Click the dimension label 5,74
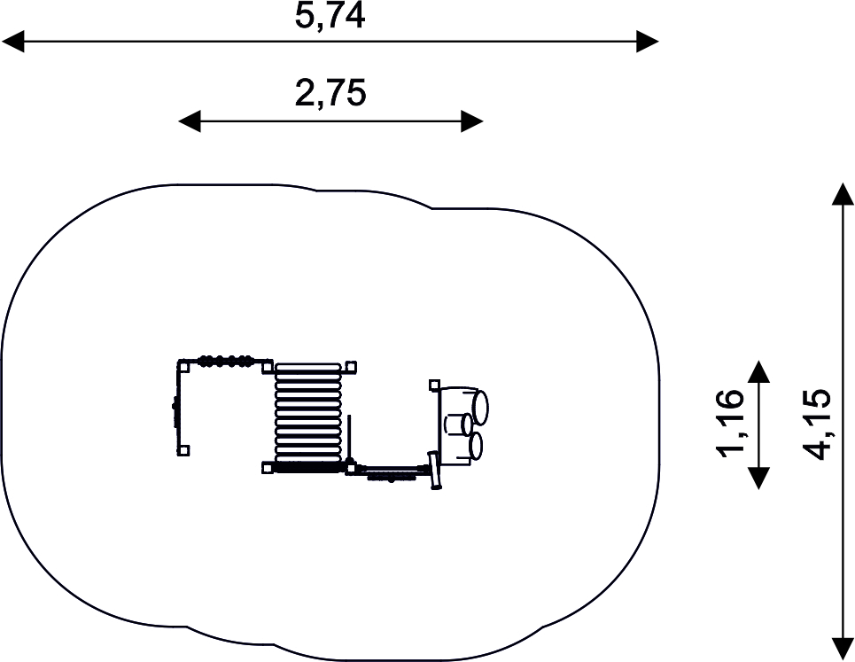pyautogui.click(x=330, y=15)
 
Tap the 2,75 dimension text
pyautogui.click(x=330, y=93)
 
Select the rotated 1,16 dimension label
pyautogui.click(x=729, y=423)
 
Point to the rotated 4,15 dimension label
pyautogui.click(x=816, y=424)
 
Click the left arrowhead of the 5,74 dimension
pyautogui.click(x=13, y=42)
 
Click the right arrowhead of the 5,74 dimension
pyautogui.click(x=648, y=42)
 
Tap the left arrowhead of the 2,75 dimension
pyautogui.click(x=190, y=121)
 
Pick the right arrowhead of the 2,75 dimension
pyautogui.click(x=472, y=121)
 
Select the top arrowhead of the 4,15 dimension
pyautogui.click(x=843, y=194)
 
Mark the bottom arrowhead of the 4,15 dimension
pyautogui.click(x=843, y=650)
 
